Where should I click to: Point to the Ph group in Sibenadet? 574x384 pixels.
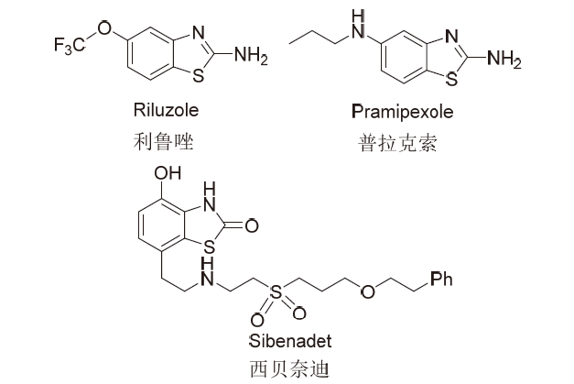pyautogui.click(x=441, y=279)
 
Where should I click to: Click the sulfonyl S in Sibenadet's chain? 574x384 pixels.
pyautogui.click(x=276, y=291)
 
